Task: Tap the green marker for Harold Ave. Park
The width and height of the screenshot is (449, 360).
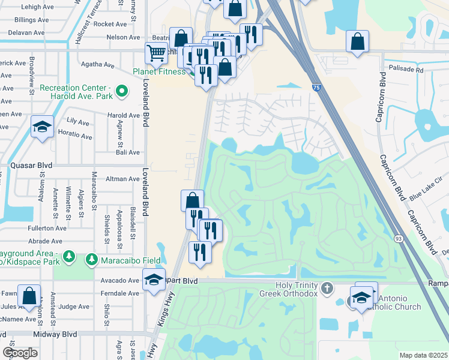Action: pyautogui.click(x=122, y=92)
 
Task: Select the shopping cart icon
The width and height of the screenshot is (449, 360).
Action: pyautogui.click(x=156, y=53)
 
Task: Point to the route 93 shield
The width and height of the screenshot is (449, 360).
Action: pyautogui.click(x=398, y=239)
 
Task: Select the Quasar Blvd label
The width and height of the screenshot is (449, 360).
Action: pyautogui.click(x=31, y=166)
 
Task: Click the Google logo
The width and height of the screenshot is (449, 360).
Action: pyautogui.click(x=20, y=352)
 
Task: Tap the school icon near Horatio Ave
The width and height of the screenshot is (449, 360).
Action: pyautogui.click(x=42, y=127)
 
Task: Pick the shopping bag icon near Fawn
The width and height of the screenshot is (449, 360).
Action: pyautogui.click(x=29, y=296)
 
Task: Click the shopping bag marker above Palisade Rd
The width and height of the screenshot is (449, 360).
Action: pyautogui.click(x=357, y=41)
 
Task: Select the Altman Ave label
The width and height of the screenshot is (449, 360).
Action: pyautogui.click(x=122, y=179)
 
